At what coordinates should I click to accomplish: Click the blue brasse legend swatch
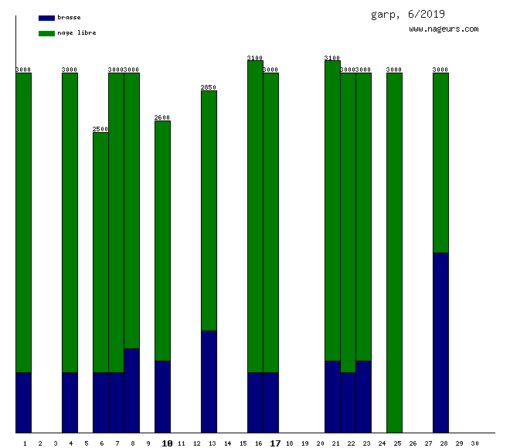pyautogui.click(x=46, y=17)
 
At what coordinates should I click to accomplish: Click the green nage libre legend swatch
pyautogui.click(x=46, y=33)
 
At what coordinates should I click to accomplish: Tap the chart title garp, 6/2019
pyautogui.click(x=408, y=14)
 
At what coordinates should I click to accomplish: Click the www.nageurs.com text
pyautogui.click(x=444, y=29)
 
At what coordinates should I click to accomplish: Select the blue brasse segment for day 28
pyautogui.click(x=440, y=342)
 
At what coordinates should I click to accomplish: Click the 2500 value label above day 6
pyautogui.click(x=100, y=129)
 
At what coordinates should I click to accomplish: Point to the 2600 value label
pyautogui.click(x=162, y=117)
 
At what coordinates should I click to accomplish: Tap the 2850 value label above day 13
pyautogui.click(x=209, y=87)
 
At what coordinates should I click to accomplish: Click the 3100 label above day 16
pyautogui.click(x=255, y=58)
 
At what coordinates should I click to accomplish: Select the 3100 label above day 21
pyautogui.click(x=332, y=58)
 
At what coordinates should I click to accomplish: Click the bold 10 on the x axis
pyautogui.click(x=167, y=443)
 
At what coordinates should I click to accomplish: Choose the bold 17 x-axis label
pyautogui.click(x=275, y=443)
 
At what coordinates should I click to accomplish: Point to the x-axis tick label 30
pyautogui.click(x=474, y=443)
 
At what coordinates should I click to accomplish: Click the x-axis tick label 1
pyautogui.click(x=25, y=443)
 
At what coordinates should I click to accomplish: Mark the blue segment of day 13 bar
pyautogui.click(x=209, y=382)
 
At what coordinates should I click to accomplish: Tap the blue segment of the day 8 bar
pyautogui.click(x=131, y=390)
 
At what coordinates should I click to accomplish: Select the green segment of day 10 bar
pyautogui.click(x=162, y=240)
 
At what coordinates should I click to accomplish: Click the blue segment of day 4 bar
pyautogui.click(x=70, y=402)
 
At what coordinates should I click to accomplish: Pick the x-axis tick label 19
pyautogui.click(x=304, y=443)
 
